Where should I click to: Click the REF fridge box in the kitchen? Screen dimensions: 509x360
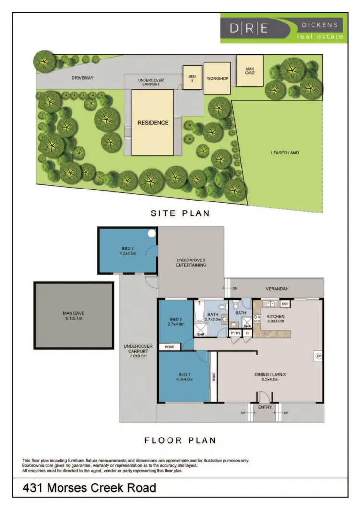coord(285,304)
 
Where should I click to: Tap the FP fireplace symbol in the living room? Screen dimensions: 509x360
coord(318,355)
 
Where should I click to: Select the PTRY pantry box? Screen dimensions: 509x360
coord(235,333)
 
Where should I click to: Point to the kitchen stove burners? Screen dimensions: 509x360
coord(256,320)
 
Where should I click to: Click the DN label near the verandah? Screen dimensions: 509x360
coord(235,289)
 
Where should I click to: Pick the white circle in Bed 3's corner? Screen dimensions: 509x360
coord(152,234)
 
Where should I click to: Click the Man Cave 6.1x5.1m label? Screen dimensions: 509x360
coord(73,315)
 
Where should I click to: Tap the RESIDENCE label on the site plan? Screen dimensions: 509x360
coord(153,123)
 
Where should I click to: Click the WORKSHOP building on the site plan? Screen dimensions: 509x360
coord(217,78)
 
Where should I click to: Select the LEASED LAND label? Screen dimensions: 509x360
coord(285,153)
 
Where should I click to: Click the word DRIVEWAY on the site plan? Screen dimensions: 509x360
coord(82,77)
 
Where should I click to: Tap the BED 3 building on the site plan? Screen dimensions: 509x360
coord(192,78)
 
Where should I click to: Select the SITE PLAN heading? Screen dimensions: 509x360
coord(180,213)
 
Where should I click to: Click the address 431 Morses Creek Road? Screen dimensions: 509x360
coord(90,488)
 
